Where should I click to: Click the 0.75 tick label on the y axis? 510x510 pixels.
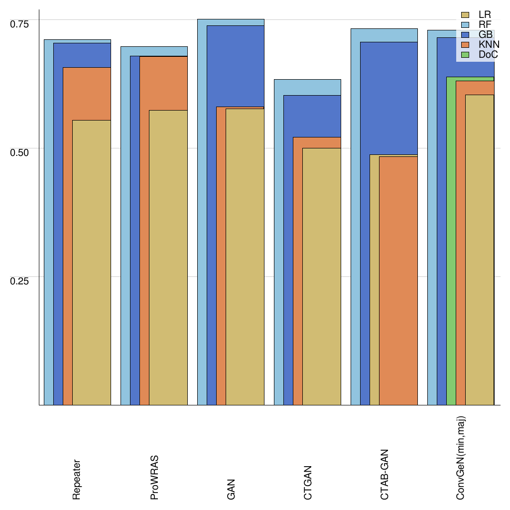pyautogui.click(x=20, y=23)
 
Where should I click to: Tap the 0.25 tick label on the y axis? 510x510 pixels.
pyautogui.click(x=20, y=280)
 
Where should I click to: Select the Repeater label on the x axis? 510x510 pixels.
pyautogui.click(x=77, y=479)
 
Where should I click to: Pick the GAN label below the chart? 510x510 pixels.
pyautogui.click(x=231, y=490)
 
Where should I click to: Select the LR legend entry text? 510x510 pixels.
pyautogui.click(x=485, y=15)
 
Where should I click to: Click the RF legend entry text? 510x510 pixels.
pyautogui.click(x=485, y=25)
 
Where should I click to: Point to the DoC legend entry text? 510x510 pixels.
pyautogui.click(x=488, y=54)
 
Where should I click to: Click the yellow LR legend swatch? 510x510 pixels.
pyautogui.click(x=465, y=15)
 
